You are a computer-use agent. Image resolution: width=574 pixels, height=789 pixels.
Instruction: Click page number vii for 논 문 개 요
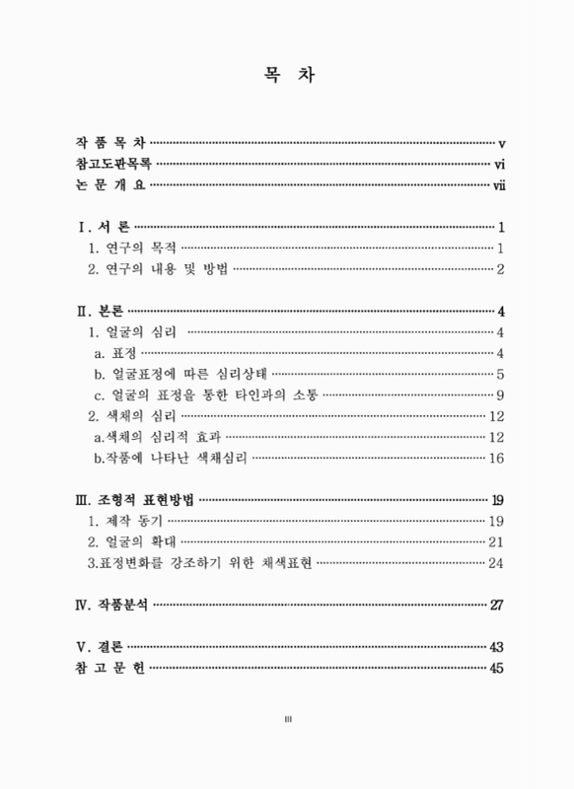(x=498, y=184)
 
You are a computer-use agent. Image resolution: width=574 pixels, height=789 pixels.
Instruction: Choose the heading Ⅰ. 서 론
(x=103, y=226)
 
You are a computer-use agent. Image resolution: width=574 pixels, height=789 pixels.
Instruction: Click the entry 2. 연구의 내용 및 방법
(x=157, y=268)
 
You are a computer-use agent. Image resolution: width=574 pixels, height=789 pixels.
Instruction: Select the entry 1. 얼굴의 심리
(x=134, y=331)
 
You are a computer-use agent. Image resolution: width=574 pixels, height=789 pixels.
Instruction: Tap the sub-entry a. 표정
(x=116, y=353)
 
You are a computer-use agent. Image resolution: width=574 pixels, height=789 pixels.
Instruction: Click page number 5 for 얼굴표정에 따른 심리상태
(x=501, y=374)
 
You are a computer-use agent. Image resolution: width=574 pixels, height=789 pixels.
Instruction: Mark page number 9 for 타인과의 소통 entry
(x=501, y=394)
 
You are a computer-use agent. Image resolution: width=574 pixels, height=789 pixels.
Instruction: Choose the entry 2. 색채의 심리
(x=134, y=416)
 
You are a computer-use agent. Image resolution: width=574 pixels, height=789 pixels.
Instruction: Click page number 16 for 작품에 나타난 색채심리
(x=496, y=458)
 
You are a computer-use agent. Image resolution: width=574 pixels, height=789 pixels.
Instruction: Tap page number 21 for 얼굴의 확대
(x=496, y=541)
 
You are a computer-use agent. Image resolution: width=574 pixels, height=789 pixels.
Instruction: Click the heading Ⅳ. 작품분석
(x=112, y=605)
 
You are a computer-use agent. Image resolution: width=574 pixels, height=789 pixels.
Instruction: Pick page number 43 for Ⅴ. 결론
(x=496, y=647)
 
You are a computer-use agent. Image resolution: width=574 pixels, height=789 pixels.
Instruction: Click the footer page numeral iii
(x=287, y=720)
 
